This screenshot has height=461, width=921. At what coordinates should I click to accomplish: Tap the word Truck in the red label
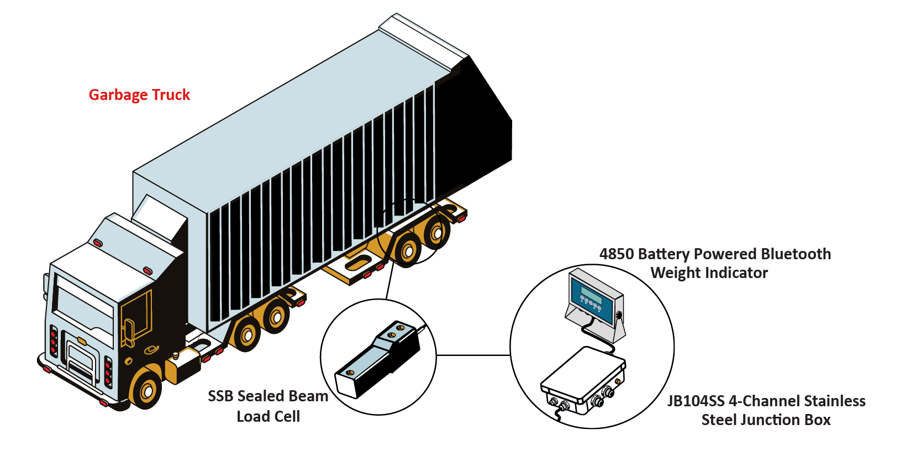point(171,95)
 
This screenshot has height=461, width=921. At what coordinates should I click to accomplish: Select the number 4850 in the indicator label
point(616,254)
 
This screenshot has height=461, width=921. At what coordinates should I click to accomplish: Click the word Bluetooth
point(795,254)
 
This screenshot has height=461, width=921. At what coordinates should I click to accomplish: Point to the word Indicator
point(737,273)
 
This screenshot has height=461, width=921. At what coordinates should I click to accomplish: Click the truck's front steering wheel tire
point(146,390)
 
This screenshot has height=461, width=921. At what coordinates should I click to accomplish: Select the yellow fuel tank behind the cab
point(178,368)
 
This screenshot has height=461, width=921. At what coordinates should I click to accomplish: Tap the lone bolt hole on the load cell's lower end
point(349,373)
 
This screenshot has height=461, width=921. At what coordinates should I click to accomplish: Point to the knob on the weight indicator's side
point(619,316)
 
